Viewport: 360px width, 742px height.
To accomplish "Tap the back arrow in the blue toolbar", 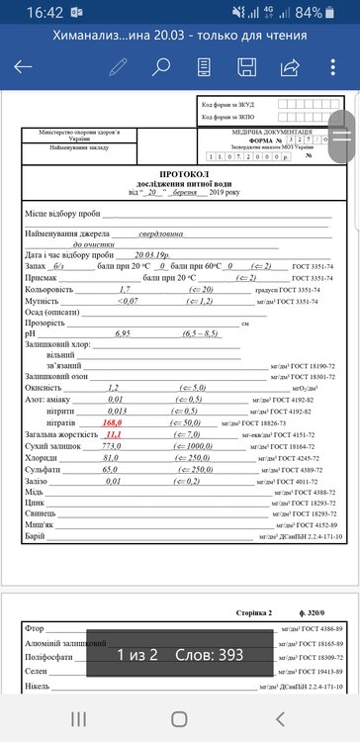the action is click(x=23, y=67).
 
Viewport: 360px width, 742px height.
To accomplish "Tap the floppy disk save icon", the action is click(x=247, y=67).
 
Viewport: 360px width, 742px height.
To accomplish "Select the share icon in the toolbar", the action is click(x=291, y=67).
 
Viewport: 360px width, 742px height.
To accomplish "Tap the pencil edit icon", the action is click(x=119, y=67).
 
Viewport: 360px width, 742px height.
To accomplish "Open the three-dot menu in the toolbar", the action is click(x=334, y=67).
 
